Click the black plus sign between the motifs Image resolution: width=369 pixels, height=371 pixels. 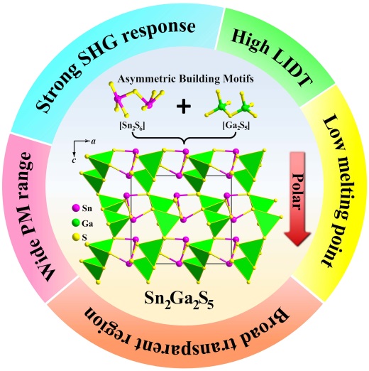coord(184,106)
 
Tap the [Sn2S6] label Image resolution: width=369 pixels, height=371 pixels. coord(132,126)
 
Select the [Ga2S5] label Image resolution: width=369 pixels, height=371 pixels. coord(236,126)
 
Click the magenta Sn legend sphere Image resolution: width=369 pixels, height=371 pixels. coord(75,208)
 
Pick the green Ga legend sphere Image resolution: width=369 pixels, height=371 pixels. coord(75,223)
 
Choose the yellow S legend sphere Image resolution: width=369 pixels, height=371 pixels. coord(75,237)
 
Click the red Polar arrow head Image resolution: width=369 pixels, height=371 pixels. coord(297,238)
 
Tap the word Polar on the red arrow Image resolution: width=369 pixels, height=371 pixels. coord(297,191)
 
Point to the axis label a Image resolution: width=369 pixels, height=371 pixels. coord(94,141)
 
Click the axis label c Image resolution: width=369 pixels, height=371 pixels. coord(74,161)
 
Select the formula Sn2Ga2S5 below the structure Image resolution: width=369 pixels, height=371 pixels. coord(179,299)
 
